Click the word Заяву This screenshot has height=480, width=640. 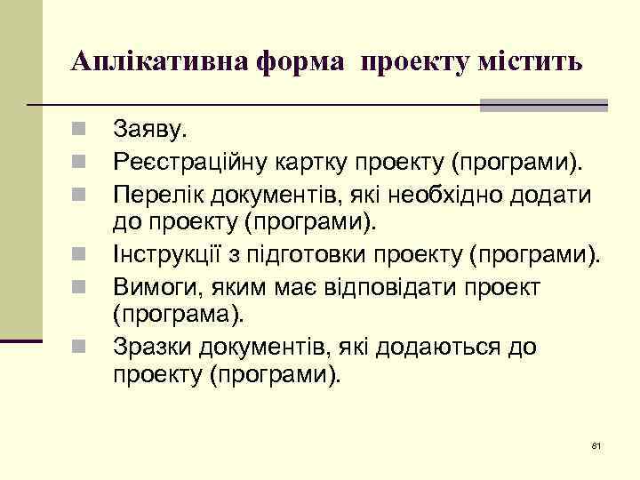151,131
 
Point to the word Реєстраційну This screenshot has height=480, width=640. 189,162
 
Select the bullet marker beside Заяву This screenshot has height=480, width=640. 79,131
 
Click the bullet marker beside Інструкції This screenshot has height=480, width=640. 79,256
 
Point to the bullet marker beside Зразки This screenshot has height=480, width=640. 79,347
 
